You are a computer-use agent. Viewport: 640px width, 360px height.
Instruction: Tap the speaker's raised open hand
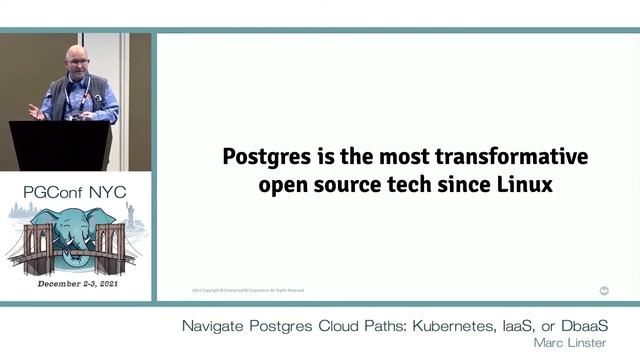pos(37,110)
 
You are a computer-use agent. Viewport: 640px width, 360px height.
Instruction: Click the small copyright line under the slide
pos(247,291)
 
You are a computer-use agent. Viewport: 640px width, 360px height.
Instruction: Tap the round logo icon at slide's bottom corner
pos(604,291)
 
